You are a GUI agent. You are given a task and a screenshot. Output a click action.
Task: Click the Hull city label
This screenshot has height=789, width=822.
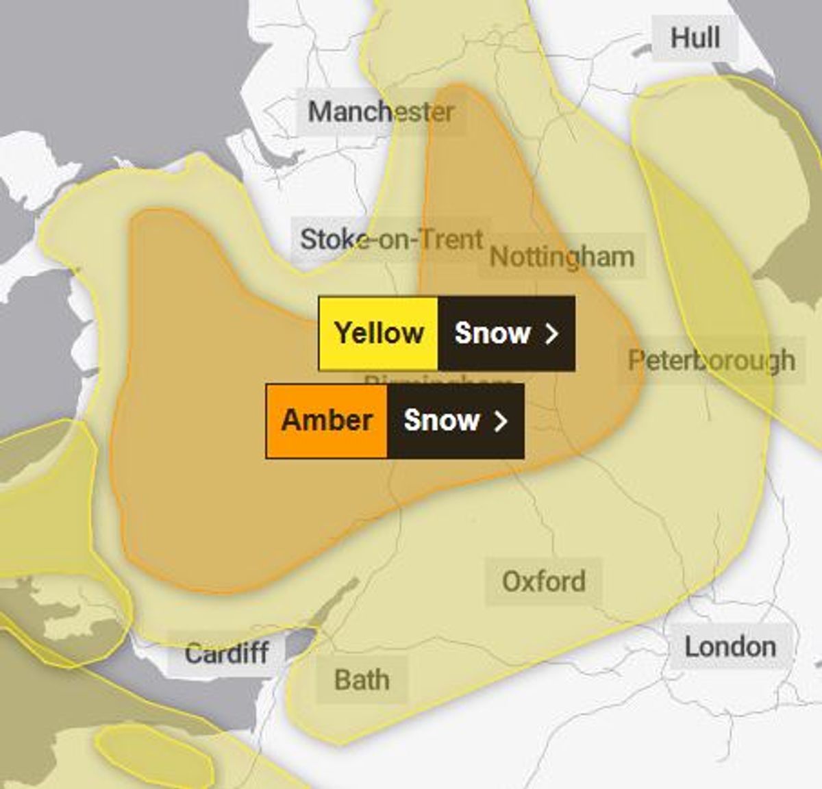tap(695, 37)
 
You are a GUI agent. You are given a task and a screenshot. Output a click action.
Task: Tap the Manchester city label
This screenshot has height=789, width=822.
tap(381, 112)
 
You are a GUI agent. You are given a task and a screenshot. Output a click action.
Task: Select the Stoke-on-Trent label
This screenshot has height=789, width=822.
tap(392, 240)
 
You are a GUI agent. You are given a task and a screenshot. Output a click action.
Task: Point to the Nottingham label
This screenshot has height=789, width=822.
tap(562, 257)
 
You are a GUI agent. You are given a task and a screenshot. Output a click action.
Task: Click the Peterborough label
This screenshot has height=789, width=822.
tap(712, 360)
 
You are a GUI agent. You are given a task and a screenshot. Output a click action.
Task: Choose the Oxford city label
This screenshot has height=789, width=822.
tap(544, 581)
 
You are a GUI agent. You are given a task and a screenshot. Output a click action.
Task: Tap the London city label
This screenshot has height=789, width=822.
tap(730, 647)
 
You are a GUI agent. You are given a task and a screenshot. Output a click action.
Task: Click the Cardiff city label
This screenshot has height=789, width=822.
tap(226, 653)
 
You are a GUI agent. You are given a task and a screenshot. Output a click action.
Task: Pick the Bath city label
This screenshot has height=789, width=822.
tap(362, 680)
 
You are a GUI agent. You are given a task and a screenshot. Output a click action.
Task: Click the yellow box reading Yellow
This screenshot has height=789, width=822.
tap(379, 334)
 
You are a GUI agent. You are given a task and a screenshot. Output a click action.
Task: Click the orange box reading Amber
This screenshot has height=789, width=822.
tap(327, 421)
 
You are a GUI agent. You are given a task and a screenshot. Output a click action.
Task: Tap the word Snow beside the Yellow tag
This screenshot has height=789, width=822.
tap(493, 334)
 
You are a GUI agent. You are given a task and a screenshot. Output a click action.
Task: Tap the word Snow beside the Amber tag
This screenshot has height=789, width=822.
tap(441, 421)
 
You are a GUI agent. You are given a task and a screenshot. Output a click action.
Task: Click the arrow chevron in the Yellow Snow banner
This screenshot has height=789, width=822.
tap(552, 334)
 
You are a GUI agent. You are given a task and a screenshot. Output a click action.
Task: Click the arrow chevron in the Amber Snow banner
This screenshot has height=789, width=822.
tap(501, 421)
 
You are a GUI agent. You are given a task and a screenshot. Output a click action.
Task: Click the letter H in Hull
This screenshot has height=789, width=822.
tap(681, 37)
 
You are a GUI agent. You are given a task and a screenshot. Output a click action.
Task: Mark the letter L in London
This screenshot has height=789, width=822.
tap(692, 647)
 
